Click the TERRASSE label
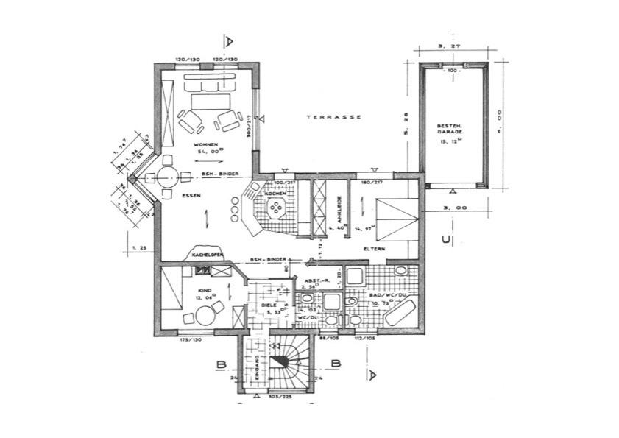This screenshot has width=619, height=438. tap(333, 117)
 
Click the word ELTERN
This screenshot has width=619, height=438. tap(374, 250)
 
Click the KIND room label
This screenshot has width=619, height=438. tap(205, 291)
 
